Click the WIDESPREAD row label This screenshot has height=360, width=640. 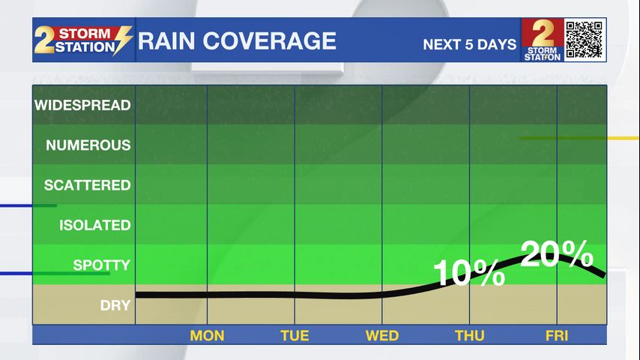(x=82, y=105)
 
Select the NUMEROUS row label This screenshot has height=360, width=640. (x=88, y=145)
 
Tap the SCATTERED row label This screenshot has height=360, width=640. (x=87, y=185)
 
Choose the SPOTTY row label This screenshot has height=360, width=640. (x=101, y=265)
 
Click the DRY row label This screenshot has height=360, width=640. (x=115, y=305)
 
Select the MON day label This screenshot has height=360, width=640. (x=207, y=335)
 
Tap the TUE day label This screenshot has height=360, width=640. (x=295, y=335)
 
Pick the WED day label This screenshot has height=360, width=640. (x=382, y=335)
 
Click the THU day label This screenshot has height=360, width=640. (x=470, y=335)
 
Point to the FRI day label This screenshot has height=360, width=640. (x=558, y=335)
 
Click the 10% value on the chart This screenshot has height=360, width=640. (x=469, y=272)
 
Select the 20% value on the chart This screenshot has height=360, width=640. (x=556, y=255)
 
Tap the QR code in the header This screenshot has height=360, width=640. (x=585, y=40)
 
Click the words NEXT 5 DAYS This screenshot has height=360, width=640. (x=470, y=44)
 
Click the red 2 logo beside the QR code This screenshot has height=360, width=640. (x=542, y=40)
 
